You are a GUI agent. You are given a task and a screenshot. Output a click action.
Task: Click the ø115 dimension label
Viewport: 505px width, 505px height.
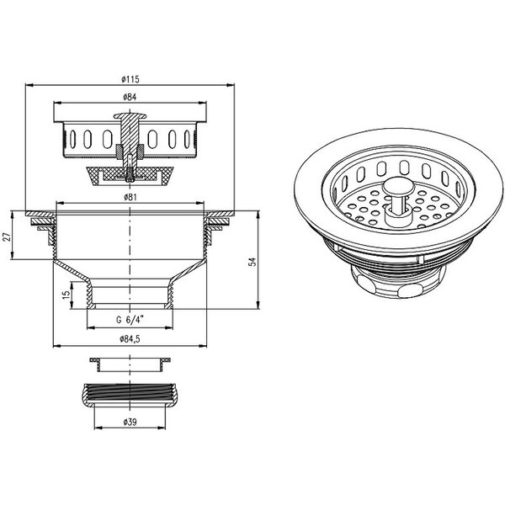[x=130, y=79]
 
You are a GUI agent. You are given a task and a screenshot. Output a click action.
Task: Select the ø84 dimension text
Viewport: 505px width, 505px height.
[x=130, y=97]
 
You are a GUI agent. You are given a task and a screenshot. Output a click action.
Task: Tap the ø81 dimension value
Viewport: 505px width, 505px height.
[x=130, y=197]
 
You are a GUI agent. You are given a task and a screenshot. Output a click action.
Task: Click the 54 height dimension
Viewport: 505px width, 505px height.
[x=253, y=261]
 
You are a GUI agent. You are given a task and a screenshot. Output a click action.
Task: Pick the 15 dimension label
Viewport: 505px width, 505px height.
[x=66, y=295]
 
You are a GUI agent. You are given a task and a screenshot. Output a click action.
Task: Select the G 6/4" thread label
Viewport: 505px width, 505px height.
[x=130, y=320]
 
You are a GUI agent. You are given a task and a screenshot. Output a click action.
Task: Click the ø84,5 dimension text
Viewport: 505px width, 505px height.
[x=130, y=339]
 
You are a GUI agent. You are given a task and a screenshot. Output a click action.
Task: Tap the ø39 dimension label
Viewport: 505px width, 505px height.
[x=130, y=422]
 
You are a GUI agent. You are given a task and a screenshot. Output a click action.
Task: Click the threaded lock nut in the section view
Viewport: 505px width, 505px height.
[x=130, y=395]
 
